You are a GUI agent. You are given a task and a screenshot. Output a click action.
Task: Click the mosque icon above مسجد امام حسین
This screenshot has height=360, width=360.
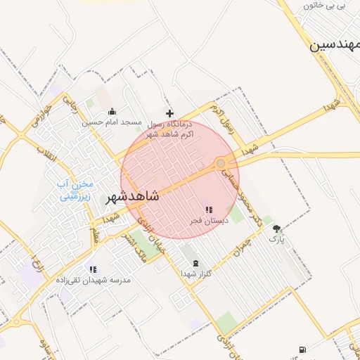[x=112, y=111]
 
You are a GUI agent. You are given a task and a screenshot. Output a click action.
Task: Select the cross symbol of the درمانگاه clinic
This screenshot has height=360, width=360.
[x=169, y=112]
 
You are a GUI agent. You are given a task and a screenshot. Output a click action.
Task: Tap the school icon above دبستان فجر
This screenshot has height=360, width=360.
[x=208, y=210]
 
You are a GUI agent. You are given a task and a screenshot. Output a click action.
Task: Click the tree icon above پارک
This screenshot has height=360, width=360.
[x=276, y=229]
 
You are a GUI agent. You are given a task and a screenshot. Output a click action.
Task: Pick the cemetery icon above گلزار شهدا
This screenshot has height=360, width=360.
[x=195, y=263]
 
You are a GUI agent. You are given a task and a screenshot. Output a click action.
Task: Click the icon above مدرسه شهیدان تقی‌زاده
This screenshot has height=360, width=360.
[x=93, y=269]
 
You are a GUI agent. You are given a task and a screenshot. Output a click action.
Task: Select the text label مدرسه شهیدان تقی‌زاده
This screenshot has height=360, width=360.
[x=94, y=280]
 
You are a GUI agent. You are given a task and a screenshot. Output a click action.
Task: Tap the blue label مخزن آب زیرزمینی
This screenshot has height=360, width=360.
[x=75, y=190]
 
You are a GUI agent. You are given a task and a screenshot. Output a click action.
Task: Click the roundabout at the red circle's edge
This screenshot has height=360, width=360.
[x=221, y=163]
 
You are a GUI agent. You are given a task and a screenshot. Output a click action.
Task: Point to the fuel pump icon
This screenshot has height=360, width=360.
[x=302, y=349]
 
